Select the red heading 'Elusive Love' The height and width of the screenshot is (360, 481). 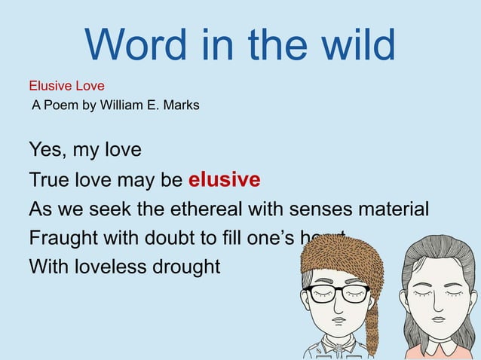(66, 87)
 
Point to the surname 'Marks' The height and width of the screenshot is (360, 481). (182, 105)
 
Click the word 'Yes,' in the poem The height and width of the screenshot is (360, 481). (48, 150)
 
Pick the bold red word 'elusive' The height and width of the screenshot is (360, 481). (224, 180)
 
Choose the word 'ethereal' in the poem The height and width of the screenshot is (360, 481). (217, 209)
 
